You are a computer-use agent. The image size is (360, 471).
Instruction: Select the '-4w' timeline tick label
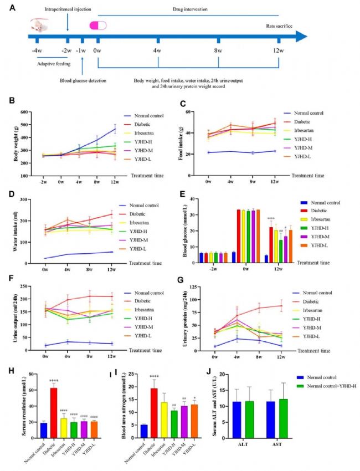click(37, 50)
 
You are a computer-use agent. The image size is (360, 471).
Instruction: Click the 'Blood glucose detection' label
click(83, 80)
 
